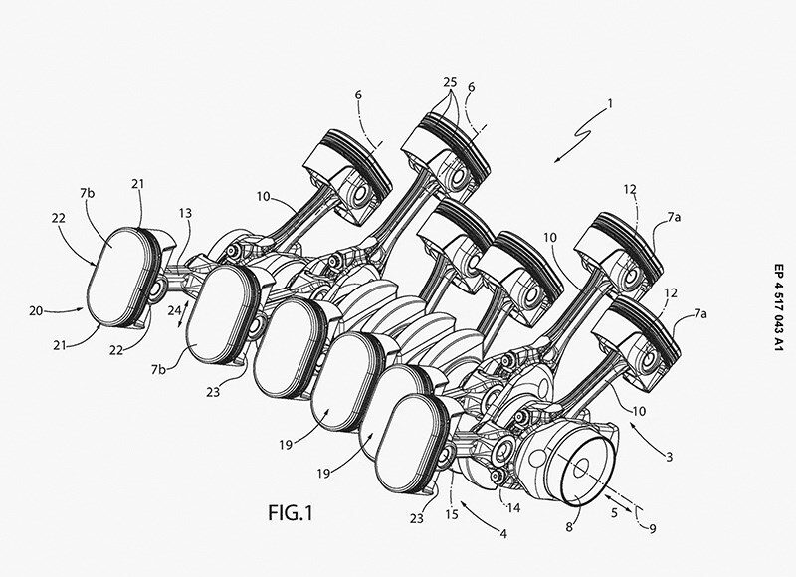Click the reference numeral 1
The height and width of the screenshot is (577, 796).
pos(610,104)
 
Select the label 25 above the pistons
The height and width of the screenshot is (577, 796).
pos(450,82)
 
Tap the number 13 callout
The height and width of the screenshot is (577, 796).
pos(186,213)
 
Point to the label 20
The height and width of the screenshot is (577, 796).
pos(36,310)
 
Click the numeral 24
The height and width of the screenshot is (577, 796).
pos(175,310)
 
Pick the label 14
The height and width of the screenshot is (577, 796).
pos(513,507)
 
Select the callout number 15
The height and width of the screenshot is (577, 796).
pos(452,514)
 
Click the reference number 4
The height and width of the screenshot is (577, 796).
pos(503,534)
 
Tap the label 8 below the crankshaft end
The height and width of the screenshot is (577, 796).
pos(569,527)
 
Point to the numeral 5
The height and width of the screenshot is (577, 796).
pos(614,513)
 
